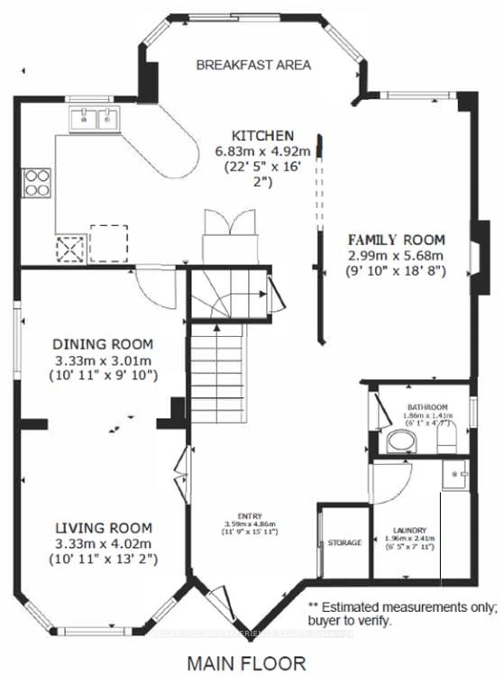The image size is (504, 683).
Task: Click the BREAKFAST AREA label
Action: point(253,65)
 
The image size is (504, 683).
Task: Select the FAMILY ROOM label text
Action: point(398,240)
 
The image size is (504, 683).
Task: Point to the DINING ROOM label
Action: point(102,344)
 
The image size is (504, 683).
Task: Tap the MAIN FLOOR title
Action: point(246,664)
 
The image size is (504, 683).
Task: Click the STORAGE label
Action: point(344,543)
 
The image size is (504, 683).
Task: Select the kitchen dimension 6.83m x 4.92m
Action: point(250,150)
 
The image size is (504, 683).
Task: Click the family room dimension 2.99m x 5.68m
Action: point(398,256)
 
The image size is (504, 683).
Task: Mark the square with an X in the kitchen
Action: point(70,246)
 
